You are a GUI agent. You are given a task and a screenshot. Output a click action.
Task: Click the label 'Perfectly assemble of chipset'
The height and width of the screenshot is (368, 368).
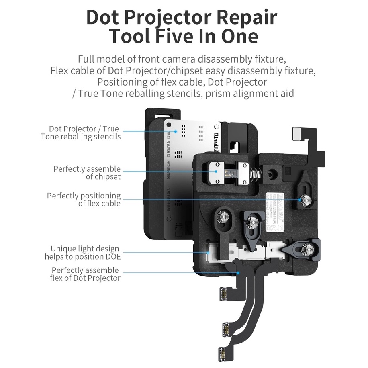(87, 172)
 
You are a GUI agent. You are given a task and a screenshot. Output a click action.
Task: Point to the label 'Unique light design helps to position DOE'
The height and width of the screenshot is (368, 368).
(82, 253)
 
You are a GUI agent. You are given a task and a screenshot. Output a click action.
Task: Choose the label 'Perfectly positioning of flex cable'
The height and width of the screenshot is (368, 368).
(84, 199)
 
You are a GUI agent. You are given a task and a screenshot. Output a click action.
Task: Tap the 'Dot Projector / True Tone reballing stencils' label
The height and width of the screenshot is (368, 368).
(80, 133)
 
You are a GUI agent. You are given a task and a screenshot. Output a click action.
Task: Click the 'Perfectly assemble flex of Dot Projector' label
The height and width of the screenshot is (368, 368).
(85, 274)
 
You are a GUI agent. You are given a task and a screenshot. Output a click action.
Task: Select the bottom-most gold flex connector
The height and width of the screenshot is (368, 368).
(224, 352)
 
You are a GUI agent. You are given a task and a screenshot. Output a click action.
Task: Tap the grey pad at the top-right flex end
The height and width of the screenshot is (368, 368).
(297, 132)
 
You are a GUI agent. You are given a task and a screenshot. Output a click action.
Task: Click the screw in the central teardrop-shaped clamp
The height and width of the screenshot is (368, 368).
(252, 221)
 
